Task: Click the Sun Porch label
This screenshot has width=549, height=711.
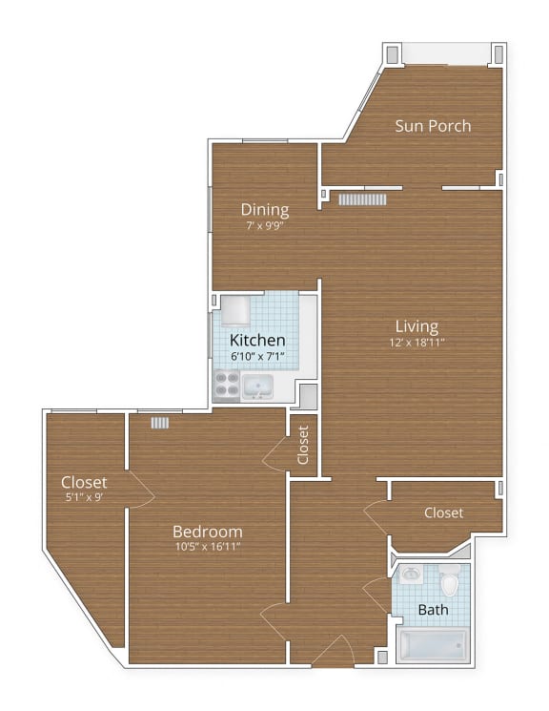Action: coord(434,126)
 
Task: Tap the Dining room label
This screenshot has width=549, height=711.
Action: coord(265,210)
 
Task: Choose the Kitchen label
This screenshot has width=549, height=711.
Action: coord(258,340)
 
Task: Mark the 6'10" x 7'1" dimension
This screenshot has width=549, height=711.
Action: coord(258,356)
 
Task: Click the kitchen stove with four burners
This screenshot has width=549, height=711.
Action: coord(226,385)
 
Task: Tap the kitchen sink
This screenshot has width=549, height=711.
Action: coord(257,387)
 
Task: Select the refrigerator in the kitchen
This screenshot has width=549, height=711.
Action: coord(235,310)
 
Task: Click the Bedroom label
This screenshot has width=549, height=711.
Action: coord(207,531)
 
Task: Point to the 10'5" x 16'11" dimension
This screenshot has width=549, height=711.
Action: coord(207,547)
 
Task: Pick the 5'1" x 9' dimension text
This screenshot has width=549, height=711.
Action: coord(84,497)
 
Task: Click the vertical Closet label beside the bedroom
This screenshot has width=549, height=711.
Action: coord(303,444)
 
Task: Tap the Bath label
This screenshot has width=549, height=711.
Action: coord(433,609)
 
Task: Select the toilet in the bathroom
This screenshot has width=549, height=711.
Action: coord(450,580)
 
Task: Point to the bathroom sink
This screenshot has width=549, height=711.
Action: coord(410,575)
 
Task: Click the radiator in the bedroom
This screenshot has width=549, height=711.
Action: coord(159,422)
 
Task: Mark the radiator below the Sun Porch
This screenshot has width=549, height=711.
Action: coord(362,199)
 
